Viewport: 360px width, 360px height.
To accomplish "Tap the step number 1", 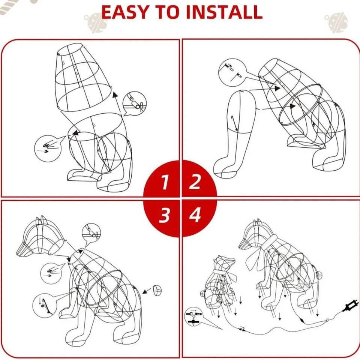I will click(x=164, y=182).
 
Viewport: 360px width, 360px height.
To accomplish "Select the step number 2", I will click(x=195, y=182).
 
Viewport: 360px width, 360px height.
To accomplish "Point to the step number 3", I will click(x=164, y=216).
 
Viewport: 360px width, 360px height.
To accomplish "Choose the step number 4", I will click(x=195, y=216).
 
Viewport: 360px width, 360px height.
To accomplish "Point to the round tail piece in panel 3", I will click(x=158, y=290).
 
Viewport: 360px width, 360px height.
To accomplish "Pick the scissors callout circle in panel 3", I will click(x=91, y=234).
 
